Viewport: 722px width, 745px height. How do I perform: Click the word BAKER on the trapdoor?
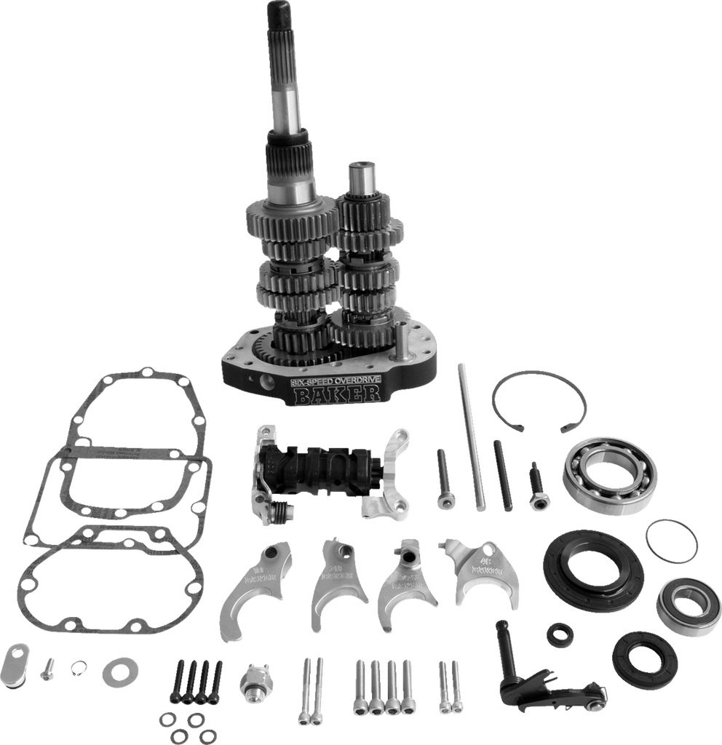(336, 394)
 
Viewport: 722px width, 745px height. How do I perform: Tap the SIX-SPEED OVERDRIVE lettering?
(336, 380)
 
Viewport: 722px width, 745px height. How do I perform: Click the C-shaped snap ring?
(539, 402)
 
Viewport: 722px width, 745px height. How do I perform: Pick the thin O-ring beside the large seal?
(672, 541)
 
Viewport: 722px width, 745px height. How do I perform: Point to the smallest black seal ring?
(560, 634)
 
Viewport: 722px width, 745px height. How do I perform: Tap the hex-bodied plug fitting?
(253, 681)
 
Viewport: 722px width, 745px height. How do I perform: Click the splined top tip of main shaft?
(279, 15)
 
